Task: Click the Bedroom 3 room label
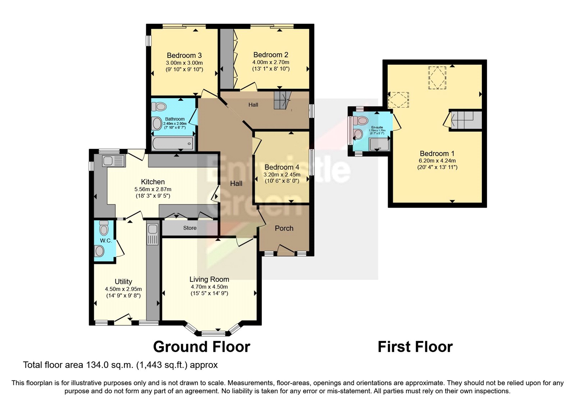tap(184, 55)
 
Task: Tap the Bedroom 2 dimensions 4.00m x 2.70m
tap(271, 62)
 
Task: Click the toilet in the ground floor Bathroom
tap(159, 107)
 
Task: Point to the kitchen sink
tap(113, 160)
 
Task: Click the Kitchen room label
tap(153, 182)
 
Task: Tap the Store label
tap(190, 228)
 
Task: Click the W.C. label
tap(106, 240)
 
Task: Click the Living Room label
tap(209, 279)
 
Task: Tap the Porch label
tap(284, 228)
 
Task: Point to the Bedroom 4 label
tap(282, 167)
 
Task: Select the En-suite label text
tap(377, 127)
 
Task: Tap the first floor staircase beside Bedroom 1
tap(466, 120)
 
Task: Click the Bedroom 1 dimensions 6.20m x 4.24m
tap(437, 161)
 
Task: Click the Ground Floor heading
tap(201, 347)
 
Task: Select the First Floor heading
tap(415, 347)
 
